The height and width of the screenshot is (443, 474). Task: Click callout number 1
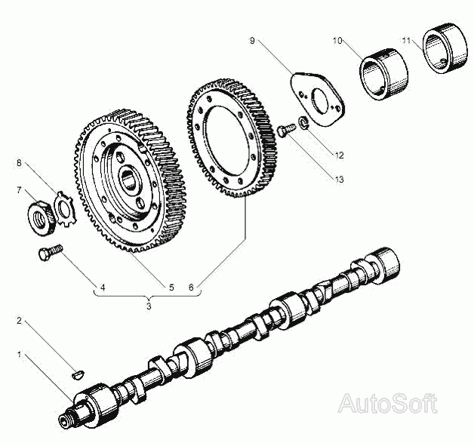tap(20, 352)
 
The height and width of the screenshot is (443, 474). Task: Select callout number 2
tap(20, 321)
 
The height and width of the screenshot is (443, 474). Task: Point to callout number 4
tap(103, 288)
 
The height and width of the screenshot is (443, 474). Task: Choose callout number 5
tap(171, 288)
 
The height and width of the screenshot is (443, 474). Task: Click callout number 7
tap(20, 190)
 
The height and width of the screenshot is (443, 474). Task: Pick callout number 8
tap(20, 162)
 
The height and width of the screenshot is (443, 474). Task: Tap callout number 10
tap(336, 38)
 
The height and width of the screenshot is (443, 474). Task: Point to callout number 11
tap(406, 38)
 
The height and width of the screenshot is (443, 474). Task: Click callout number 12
tap(339, 155)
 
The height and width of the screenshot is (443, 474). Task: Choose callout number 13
tap(339, 180)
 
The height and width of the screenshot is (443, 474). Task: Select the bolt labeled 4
tap(49, 251)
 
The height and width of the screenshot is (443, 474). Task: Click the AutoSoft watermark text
tap(387, 403)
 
